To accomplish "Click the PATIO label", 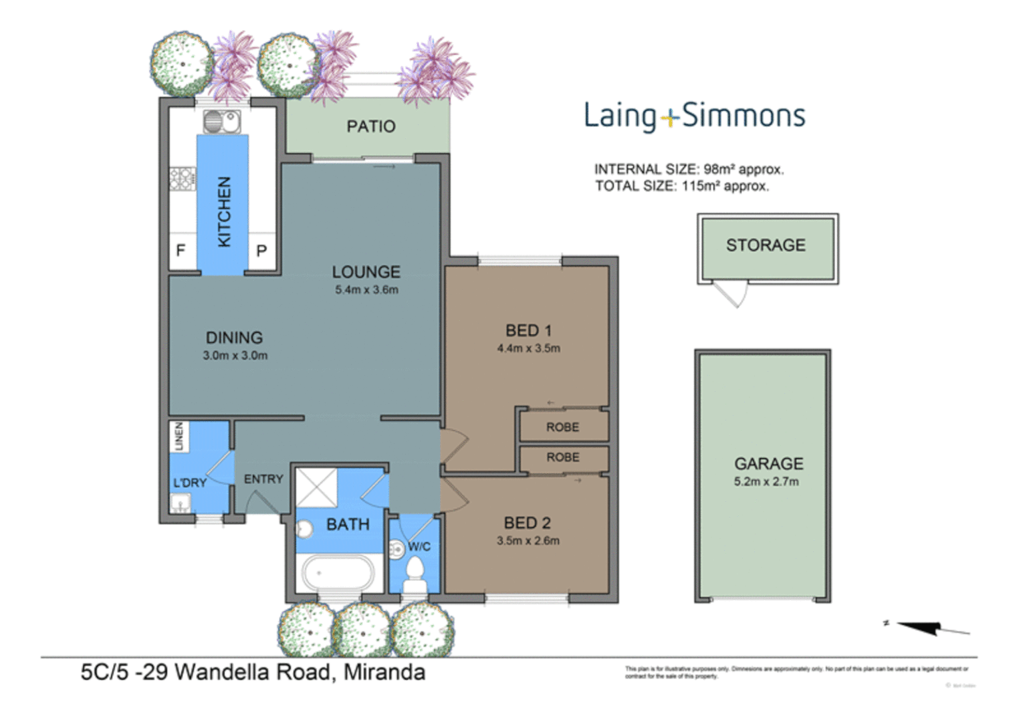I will [370, 126].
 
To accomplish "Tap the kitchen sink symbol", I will [222, 122].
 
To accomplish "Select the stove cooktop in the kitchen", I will [182, 178].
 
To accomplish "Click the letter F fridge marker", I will [181, 251].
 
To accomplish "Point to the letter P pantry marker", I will [261, 251].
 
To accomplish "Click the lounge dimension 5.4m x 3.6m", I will [366, 289].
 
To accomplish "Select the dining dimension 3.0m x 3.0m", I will [235, 356].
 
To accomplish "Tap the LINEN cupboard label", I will [179, 437].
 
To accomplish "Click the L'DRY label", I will [190, 483].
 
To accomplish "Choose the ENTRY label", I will [263, 479].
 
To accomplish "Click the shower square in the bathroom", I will [316, 487].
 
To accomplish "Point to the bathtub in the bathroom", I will [338, 574].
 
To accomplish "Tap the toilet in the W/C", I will [415, 576].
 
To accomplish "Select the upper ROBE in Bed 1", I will [562, 427].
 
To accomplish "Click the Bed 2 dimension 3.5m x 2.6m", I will [528, 541].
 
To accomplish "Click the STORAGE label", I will [766, 245].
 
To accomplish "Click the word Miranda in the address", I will [384, 672].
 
